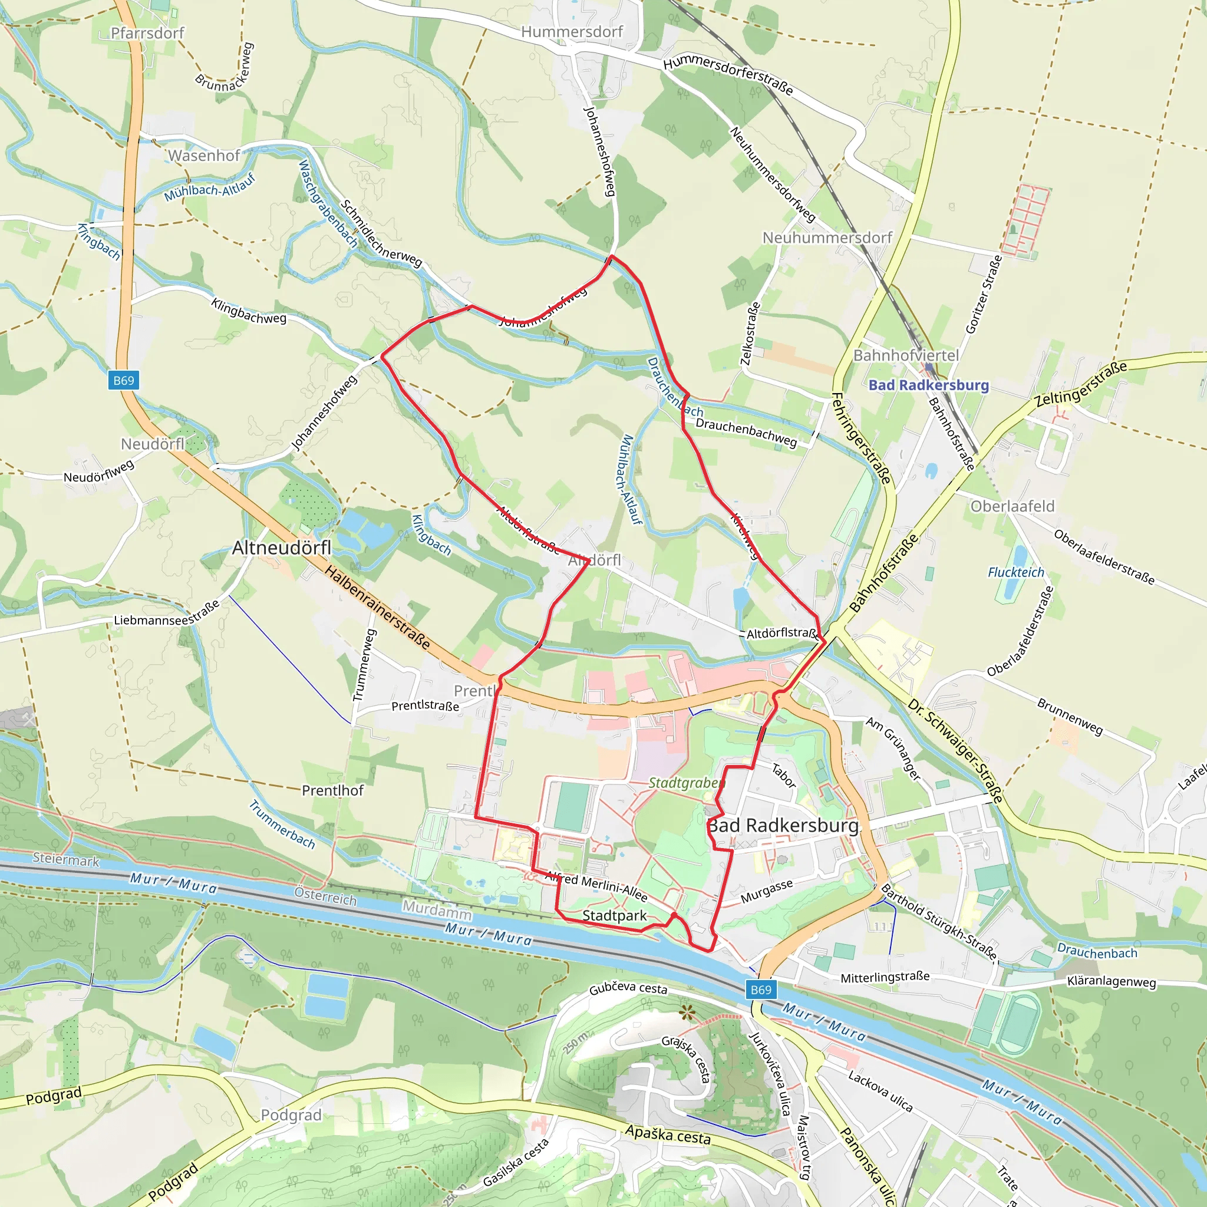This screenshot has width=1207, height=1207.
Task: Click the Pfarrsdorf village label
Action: click(x=147, y=33)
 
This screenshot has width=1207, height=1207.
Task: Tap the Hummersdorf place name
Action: click(x=572, y=32)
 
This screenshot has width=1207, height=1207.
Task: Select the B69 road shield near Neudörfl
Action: click(x=123, y=381)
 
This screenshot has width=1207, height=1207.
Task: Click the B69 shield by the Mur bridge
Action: click(x=760, y=990)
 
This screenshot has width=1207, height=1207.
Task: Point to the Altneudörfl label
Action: click(x=281, y=548)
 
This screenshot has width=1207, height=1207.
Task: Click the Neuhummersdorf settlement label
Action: click(x=826, y=238)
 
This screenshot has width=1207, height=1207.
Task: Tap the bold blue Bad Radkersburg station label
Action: click(x=928, y=385)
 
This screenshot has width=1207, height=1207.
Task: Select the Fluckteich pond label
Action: click(x=1015, y=572)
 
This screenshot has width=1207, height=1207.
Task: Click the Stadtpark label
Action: click(x=614, y=916)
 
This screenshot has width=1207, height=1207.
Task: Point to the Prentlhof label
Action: click(x=332, y=790)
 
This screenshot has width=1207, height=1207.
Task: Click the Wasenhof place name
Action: click(x=204, y=156)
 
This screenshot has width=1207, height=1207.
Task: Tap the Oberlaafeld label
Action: click(x=1012, y=506)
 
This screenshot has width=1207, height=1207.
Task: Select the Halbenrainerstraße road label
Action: click(x=377, y=607)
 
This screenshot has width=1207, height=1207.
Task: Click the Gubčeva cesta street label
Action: click(x=628, y=988)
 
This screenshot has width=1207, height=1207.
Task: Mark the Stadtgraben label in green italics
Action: click(x=686, y=783)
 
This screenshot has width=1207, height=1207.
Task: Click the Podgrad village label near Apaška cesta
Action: click(x=291, y=1115)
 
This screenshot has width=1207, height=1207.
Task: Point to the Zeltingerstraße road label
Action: click(x=1081, y=384)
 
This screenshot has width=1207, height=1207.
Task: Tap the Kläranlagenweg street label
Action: click(x=1111, y=981)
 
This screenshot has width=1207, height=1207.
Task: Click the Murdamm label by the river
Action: click(x=437, y=910)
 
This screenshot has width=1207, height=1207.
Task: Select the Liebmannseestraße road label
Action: click(x=167, y=614)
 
